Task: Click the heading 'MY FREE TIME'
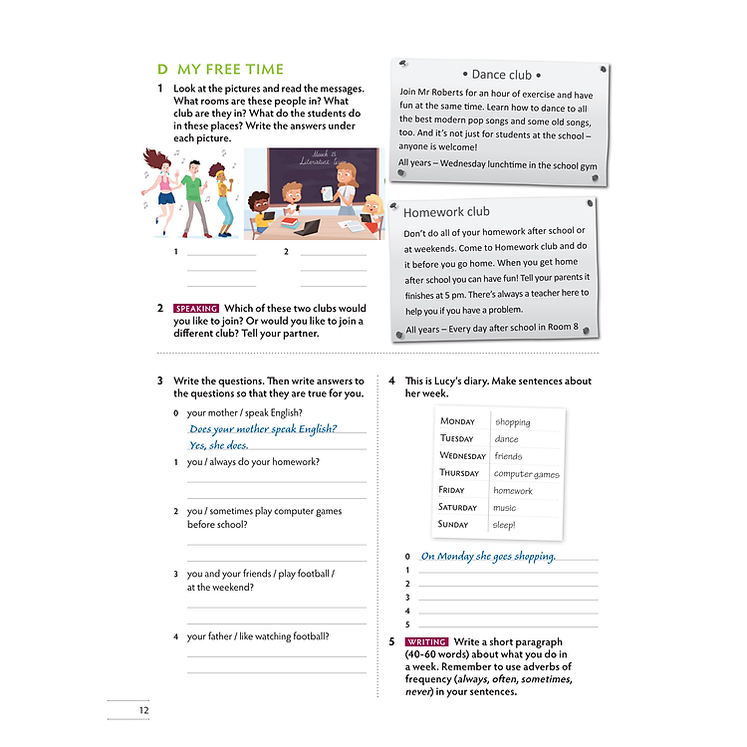pyautogui.click(x=230, y=70)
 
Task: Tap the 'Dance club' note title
pyautogui.click(x=502, y=75)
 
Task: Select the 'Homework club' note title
pyautogui.click(x=446, y=212)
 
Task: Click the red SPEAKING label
pyautogui.click(x=196, y=309)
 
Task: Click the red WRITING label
pyautogui.click(x=427, y=642)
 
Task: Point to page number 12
pyautogui.click(x=144, y=710)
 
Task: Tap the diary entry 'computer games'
pyautogui.click(x=526, y=474)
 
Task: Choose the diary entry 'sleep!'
pyautogui.click(x=505, y=525)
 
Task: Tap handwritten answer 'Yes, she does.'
pyautogui.click(x=218, y=446)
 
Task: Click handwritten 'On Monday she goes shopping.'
pyautogui.click(x=488, y=557)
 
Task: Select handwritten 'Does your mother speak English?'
pyautogui.click(x=263, y=429)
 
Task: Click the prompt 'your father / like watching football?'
pyautogui.click(x=258, y=636)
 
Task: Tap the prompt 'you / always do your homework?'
pyautogui.click(x=253, y=462)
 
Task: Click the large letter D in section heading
pyautogui.click(x=162, y=70)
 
